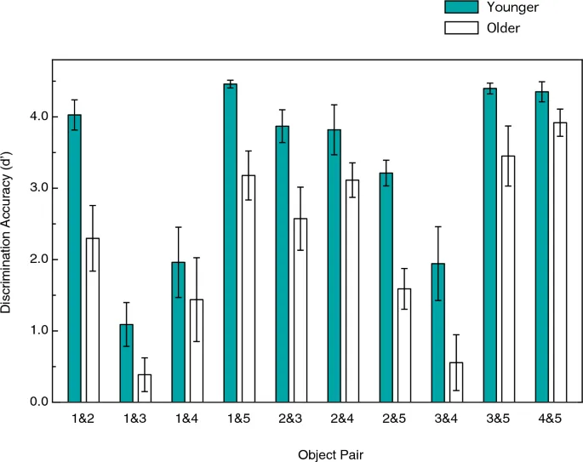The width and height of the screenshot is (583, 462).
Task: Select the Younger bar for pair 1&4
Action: tap(179, 332)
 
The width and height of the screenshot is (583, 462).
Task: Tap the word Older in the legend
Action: tap(504, 28)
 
